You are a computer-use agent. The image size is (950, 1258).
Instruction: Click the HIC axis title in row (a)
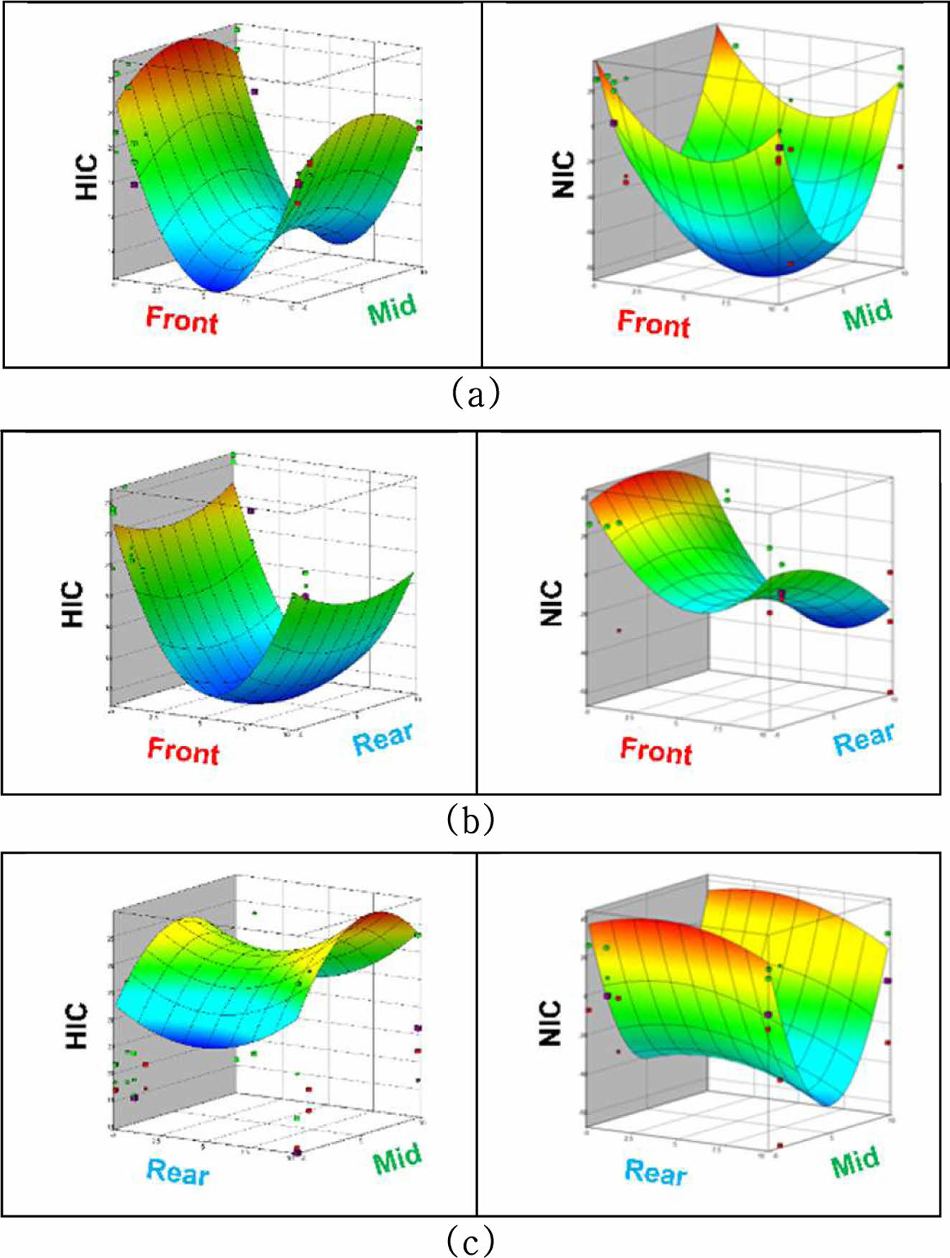tap(86, 177)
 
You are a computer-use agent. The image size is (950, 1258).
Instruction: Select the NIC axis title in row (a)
tap(564, 175)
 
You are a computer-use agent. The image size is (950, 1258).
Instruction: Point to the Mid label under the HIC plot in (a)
tap(392, 310)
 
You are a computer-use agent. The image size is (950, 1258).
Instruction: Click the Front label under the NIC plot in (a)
tap(653, 323)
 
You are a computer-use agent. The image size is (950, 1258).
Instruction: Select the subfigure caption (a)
tap(475, 394)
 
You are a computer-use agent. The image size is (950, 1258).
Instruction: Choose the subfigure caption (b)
tap(470, 819)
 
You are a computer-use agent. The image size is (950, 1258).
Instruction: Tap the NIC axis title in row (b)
tap(551, 603)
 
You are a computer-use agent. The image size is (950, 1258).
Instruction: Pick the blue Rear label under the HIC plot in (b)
tap(383, 739)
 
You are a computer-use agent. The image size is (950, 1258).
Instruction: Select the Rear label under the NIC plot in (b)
tap(864, 738)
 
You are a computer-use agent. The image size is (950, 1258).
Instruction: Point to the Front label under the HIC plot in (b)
tap(183, 751)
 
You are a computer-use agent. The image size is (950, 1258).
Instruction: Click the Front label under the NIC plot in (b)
tap(656, 751)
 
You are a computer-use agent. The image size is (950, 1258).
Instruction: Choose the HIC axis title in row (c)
tap(76, 1026)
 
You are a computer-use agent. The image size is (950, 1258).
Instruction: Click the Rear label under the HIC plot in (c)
tap(177, 1172)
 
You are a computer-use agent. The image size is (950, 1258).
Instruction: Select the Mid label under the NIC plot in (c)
tap(854, 1162)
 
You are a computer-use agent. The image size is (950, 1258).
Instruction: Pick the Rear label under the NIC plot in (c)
tap(655, 1172)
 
